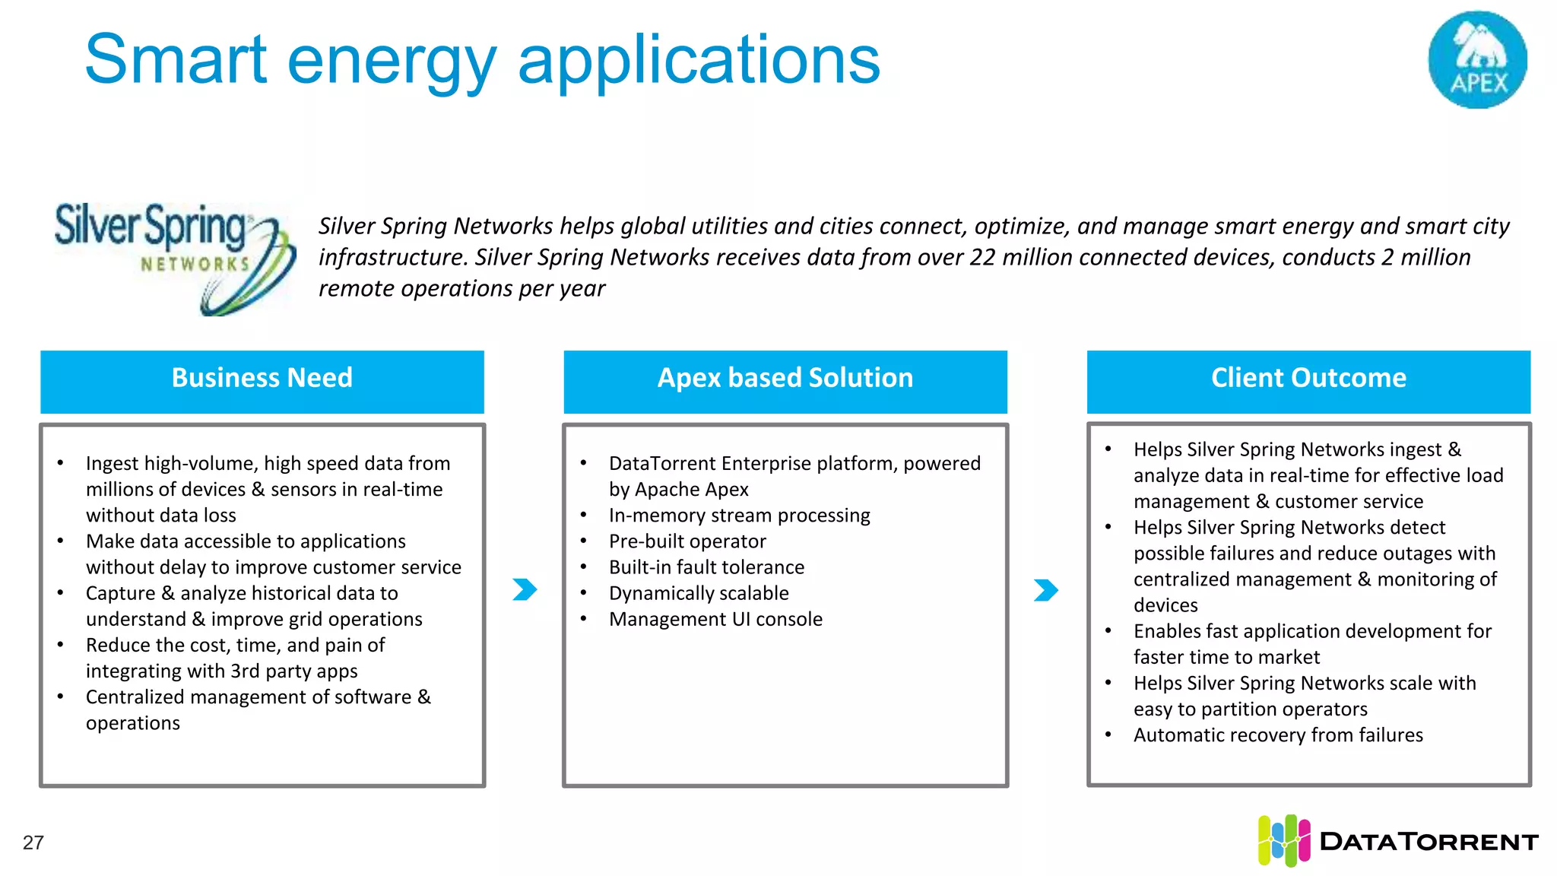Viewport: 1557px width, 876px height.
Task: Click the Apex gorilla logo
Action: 1477,59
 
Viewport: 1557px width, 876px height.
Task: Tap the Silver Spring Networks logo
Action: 173,256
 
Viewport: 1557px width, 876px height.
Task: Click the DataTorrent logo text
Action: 1429,842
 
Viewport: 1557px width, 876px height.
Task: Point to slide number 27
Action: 33,843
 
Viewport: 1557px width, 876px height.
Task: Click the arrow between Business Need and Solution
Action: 525,589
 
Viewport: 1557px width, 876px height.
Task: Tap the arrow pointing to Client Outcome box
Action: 1046,590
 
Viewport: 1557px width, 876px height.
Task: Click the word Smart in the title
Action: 176,61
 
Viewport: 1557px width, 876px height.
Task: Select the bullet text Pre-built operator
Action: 687,541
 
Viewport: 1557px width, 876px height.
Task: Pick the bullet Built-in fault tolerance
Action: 706,567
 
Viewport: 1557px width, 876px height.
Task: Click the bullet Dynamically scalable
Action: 699,593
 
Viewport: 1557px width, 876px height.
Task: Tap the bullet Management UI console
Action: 715,619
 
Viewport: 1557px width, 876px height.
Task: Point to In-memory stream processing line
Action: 739,516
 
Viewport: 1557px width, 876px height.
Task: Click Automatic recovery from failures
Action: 1278,735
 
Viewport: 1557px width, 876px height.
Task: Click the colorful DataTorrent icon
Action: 1283,840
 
